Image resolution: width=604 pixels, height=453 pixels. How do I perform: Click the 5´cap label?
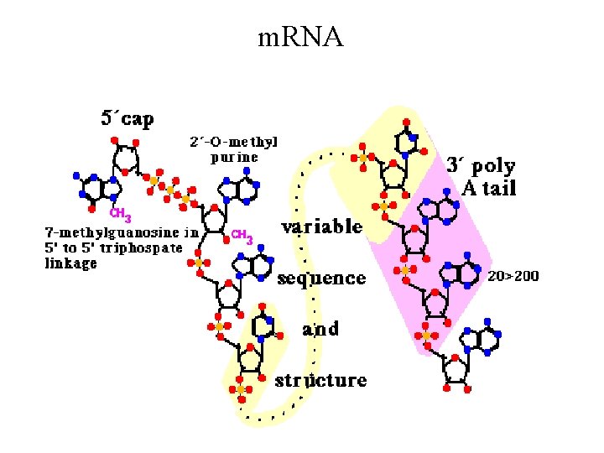point(128,119)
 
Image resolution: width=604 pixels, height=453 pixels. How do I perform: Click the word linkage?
point(70,263)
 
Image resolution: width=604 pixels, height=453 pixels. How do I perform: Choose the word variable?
point(322,227)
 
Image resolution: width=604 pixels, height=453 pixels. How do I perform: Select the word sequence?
point(322,278)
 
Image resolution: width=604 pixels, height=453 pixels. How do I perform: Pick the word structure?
point(322,380)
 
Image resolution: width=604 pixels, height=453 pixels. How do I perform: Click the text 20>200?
point(513,275)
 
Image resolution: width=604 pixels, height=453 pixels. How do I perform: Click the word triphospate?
point(148,247)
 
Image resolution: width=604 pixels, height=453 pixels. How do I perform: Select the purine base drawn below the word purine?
point(242,190)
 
